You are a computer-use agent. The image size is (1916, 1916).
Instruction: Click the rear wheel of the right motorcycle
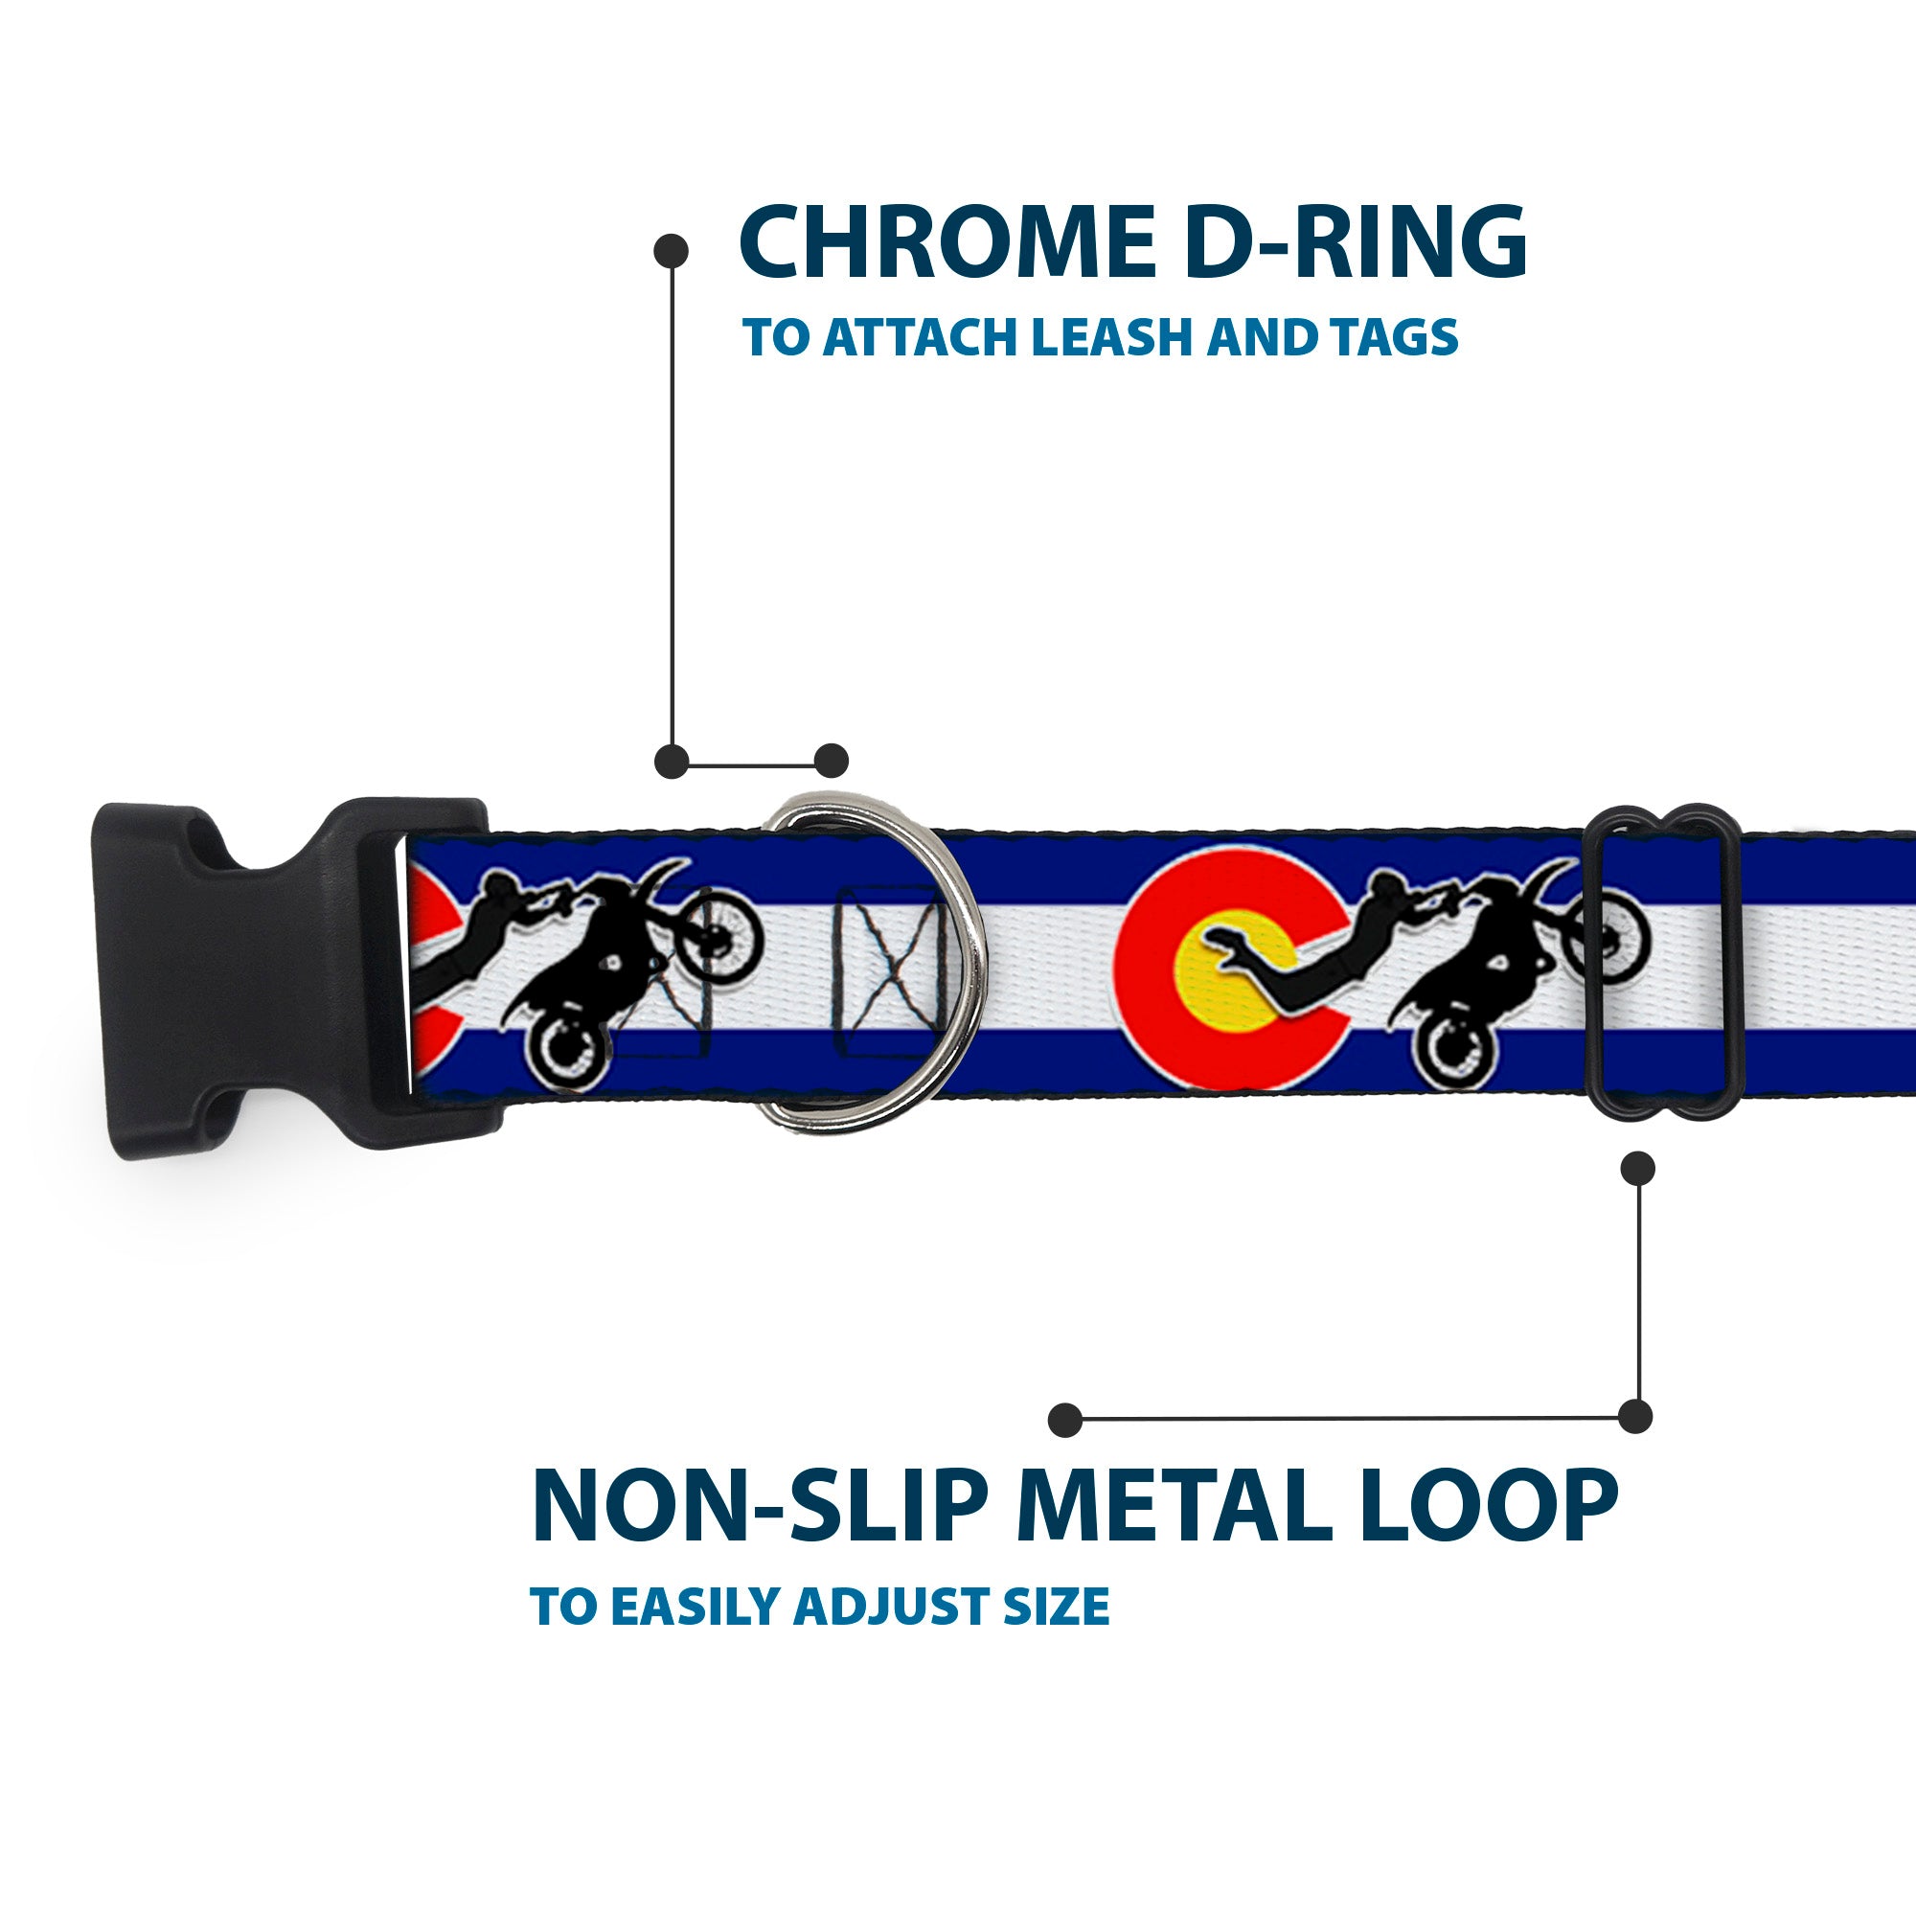[1455, 1055]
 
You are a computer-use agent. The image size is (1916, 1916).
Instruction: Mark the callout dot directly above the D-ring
[831, 761]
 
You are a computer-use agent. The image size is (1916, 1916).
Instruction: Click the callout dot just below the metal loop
[1637, 1168]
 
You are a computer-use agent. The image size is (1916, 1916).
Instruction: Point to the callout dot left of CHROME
[672, 251]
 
